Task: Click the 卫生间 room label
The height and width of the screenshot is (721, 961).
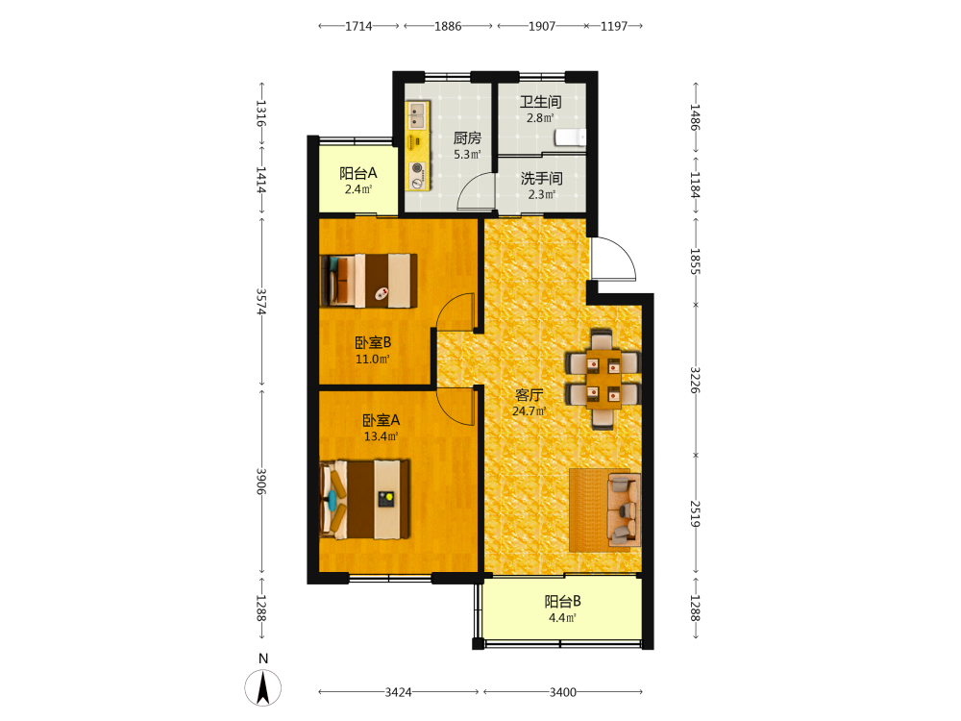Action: (540, 102)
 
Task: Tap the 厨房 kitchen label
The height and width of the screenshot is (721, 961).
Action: (467, 137)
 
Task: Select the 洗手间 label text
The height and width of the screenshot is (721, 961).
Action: (542, 179)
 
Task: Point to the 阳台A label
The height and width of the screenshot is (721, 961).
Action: (358, 173)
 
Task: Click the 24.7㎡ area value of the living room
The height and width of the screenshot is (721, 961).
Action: (529, 411)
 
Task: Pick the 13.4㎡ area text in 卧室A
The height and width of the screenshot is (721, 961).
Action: (381, 436)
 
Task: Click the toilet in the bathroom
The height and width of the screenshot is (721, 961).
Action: (570, 137)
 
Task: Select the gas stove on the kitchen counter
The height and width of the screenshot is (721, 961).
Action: (417, 174)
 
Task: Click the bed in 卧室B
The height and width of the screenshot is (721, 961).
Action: (369, 281)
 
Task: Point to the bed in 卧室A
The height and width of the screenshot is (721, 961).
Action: (364, 500)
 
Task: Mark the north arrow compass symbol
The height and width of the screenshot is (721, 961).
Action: (263, 687)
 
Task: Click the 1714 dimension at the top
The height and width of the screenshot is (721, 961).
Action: (358, 26)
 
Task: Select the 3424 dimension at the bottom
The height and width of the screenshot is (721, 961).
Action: (399, 692)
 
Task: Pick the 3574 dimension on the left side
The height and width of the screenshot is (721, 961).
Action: (261, 302)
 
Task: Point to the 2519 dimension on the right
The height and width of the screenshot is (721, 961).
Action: (695, 513)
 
